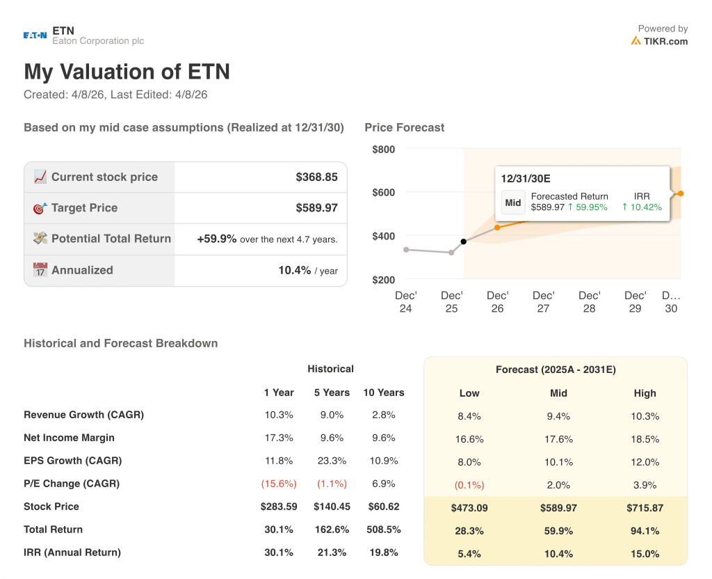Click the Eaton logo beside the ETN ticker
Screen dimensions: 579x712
point(35,35)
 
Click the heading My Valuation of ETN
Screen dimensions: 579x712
point(127,72)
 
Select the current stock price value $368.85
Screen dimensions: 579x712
point(316,177)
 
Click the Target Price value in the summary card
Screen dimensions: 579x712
point(316,207)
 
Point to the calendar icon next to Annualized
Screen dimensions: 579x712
point(40,270)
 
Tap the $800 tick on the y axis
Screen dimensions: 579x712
point(383,149)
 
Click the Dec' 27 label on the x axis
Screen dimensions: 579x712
point(543,302)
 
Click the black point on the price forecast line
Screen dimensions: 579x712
point(464,241)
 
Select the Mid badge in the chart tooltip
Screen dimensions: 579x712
point(513,203)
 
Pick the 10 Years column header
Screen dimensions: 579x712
point(383,392)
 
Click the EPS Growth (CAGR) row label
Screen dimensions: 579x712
point(72,461)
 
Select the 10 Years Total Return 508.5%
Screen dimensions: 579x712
point(383,530)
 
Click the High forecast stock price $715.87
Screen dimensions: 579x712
point(645,508)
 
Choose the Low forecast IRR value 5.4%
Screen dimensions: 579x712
point(469,554)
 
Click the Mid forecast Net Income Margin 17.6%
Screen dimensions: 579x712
point(558,439)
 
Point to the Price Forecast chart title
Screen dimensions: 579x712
point(404,127)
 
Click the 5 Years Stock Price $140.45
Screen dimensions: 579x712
point(332,507)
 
